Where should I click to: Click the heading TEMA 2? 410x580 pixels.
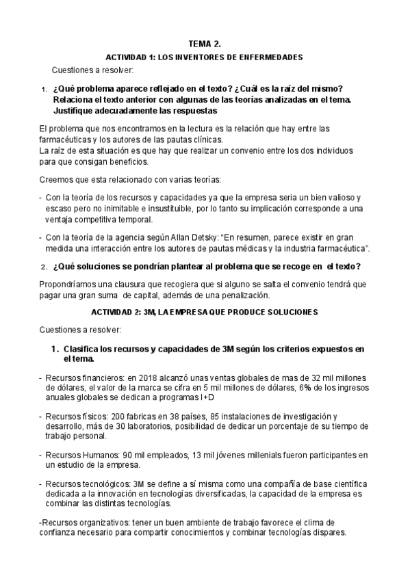(x=205, y=43)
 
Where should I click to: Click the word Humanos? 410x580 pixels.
(x=101, y=454)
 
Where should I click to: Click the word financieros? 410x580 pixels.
(x=104, y=378)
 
